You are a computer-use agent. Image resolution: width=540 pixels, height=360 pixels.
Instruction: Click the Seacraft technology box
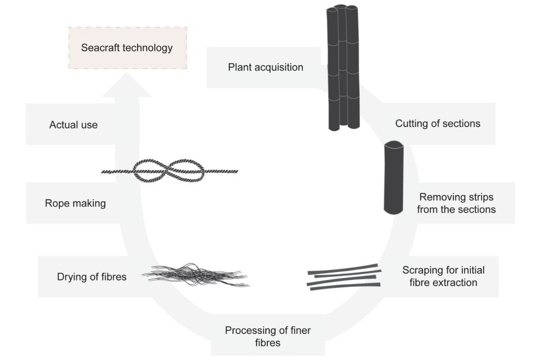(x=127, y=48)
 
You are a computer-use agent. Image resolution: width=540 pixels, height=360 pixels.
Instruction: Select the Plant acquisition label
(x=265, y=67)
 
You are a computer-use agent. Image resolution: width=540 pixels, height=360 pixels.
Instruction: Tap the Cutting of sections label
(x=438, y=124)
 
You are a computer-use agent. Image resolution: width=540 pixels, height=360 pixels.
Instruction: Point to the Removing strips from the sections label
(x=457, y=203)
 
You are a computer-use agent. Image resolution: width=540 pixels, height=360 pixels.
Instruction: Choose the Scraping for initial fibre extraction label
(x=443, y=276)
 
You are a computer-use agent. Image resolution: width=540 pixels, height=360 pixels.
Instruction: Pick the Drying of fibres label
(x=92, y=276)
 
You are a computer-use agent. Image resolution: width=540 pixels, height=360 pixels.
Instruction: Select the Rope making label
(x=75, y=203)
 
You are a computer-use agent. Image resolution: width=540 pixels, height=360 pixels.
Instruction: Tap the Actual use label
(x=73, y=125)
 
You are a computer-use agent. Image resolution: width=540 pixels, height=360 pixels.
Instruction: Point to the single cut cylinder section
(x=393, y=177)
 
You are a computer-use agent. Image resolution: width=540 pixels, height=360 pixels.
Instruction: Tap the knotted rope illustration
(x=169, y=171)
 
